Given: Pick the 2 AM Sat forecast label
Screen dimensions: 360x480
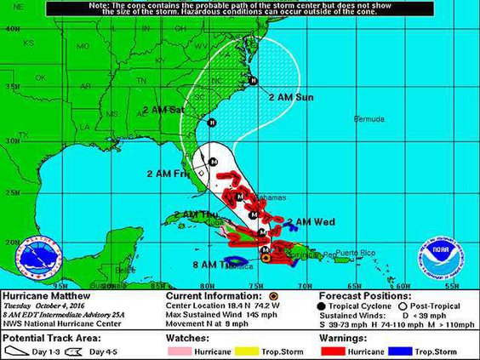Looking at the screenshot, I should click(x=163, y=110).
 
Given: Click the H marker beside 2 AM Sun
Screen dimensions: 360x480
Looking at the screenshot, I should click(x=253, y=81).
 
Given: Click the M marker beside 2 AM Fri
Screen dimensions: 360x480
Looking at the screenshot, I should click(x=213, y=161).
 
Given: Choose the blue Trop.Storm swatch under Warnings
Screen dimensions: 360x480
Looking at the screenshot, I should click(x=406, y=351).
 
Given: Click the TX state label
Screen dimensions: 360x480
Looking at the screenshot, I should click(x=23, y=134).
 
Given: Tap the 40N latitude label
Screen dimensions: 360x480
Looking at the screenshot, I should click(x=12, y=28).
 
